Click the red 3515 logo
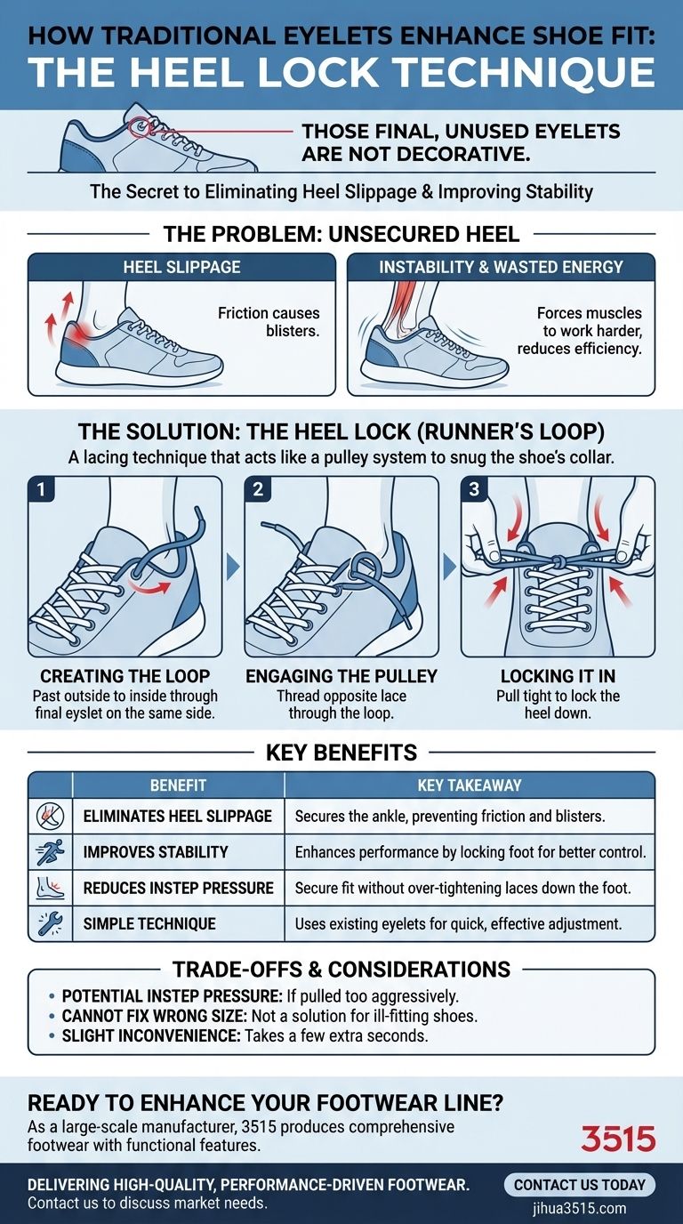617,1138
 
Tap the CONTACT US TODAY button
580,1185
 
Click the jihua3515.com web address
580,1208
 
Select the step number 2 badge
258,489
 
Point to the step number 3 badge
474,489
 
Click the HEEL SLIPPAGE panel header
181,267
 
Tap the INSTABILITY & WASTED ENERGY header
501,267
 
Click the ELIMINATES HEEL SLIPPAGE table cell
177,816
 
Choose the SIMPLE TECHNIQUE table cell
149,923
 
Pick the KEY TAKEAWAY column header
469,785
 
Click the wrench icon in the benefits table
50,923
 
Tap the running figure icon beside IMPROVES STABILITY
50,852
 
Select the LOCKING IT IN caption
558,677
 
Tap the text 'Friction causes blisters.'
269,322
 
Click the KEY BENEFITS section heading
341,753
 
